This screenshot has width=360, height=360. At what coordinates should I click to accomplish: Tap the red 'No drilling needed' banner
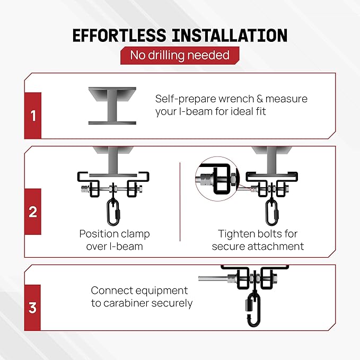click(180, 55)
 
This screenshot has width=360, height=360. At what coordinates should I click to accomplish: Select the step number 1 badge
click(33, 115)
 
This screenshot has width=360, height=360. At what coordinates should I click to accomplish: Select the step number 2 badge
click(33, 212)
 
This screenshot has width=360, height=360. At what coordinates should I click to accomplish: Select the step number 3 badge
click(33, 308)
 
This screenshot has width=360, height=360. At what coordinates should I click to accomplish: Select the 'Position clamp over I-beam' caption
click(115, 240)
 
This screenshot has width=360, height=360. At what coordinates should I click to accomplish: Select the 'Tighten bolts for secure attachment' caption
click(258, 240)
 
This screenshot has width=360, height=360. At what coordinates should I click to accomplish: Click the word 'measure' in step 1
click(283, 99)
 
